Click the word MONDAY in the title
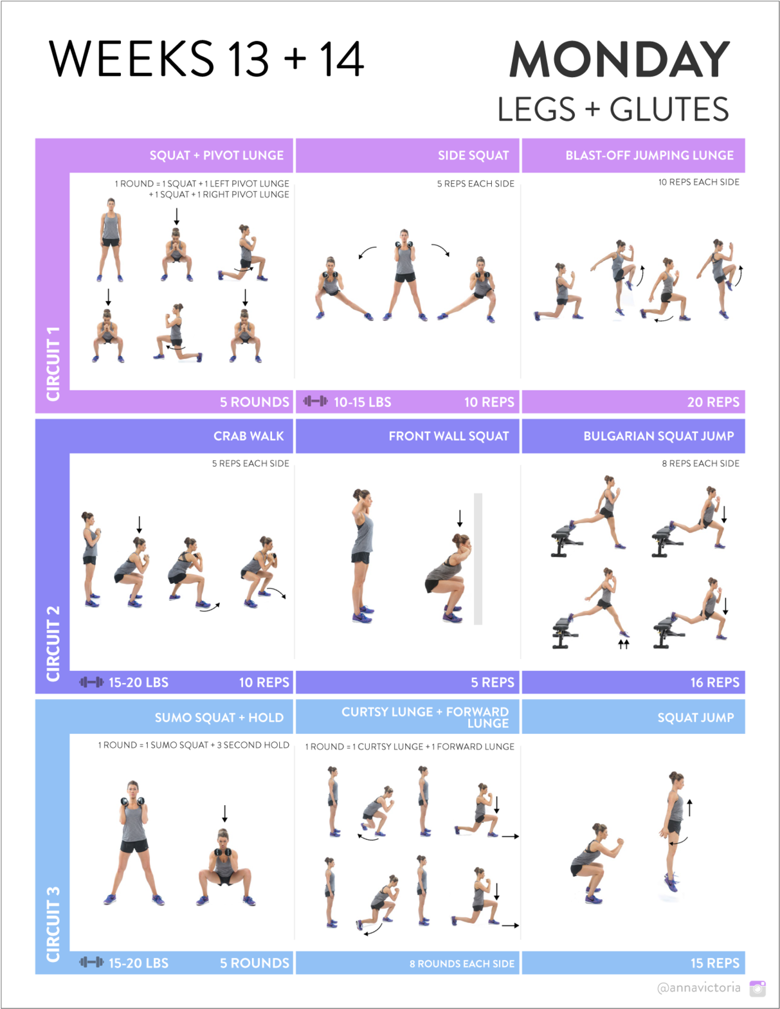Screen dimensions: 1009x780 coord(619,59)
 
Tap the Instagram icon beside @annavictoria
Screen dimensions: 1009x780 coord(757,988)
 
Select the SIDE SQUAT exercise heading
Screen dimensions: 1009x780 coord(473,156)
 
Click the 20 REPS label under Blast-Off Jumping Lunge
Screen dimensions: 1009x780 coord(713,403)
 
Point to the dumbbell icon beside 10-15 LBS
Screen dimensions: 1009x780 coord(315,402)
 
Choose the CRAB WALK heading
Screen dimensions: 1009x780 coord(248,437)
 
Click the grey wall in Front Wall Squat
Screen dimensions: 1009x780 coord(478,558)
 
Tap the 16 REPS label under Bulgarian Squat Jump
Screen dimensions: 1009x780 coord(714,683)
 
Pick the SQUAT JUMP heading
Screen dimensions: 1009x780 coord(695,718)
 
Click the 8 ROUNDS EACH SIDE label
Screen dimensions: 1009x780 coord(462,964)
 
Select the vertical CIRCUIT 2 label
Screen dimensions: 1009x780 coord(53,643)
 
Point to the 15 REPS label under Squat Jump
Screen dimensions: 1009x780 coord(714,963)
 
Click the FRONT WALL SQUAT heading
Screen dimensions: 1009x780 coord(448,437)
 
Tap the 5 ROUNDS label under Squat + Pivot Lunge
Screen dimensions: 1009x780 coord(254,403)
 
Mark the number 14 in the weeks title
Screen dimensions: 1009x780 coord(341,59)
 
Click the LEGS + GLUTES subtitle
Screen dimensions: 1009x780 coord(613,109)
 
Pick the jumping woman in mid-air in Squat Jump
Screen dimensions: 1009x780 coord(674,830)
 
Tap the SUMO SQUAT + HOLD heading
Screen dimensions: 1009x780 coord(219,718)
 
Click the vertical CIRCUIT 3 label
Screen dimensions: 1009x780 coord(53,924)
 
